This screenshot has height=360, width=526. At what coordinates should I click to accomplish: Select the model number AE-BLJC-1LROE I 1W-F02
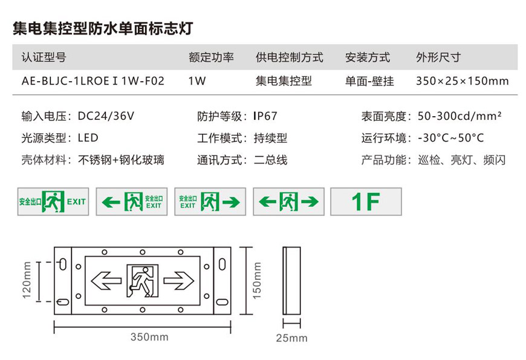[x=93, y=80]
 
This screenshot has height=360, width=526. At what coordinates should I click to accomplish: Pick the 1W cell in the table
[x=196, y=80]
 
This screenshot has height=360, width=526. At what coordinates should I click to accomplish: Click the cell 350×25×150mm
[x=462, y=80]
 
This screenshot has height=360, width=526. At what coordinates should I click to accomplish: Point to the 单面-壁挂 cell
[x=369, y=80]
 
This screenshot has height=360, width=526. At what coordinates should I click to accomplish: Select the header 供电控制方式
[x=290, y=57]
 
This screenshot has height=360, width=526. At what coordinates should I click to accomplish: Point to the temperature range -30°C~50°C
[x=450, y=138]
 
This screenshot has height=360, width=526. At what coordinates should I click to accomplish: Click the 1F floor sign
[x=366, y=201]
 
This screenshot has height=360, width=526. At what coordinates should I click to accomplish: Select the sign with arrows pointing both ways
[x=288, y=201]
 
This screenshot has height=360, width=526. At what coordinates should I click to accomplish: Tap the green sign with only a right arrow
[x=210, y=201]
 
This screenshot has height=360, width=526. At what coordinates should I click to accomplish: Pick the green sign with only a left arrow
[x=131, y=201]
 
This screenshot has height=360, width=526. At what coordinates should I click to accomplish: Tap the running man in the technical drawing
[x=142, y=280]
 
